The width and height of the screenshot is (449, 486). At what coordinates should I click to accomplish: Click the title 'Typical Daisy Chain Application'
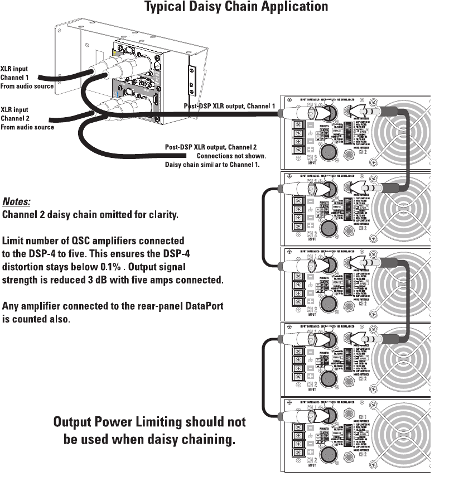tap(236, 7)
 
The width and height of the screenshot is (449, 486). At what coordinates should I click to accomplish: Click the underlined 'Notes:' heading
tap(17, 201)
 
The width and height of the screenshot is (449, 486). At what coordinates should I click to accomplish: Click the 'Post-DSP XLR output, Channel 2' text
tap(211, 147)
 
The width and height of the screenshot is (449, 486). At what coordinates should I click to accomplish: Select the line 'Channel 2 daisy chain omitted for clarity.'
tap(91, 215)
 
